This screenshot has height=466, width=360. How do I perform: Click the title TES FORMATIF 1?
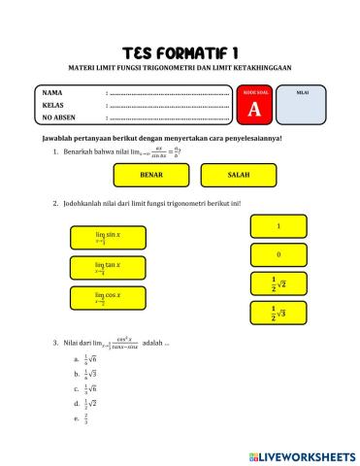(x=180, y=50)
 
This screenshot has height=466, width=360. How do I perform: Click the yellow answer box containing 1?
(x=278, y=226)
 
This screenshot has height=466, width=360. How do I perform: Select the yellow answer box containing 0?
(x=278, y=254)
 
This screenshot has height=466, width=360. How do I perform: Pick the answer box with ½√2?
(x=278, y=283)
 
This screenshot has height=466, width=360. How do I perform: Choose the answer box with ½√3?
(x=278, y=313)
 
